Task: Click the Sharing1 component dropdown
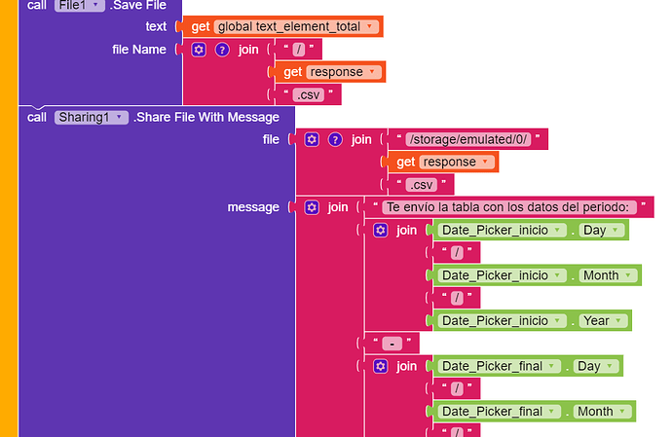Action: tap(91, 117)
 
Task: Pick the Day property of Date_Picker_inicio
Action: tap(599, 231)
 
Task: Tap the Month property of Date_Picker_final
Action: tap(600, 411)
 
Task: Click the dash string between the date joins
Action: tap(390, 344)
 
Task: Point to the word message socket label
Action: tap(253, 207)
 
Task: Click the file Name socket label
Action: tap(139, 49)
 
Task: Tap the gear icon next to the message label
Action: tap(312, 207)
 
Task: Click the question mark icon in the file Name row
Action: tap(222, 49)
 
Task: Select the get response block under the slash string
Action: tap(330, 72)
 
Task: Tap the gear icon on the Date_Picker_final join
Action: tap(381, 366)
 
